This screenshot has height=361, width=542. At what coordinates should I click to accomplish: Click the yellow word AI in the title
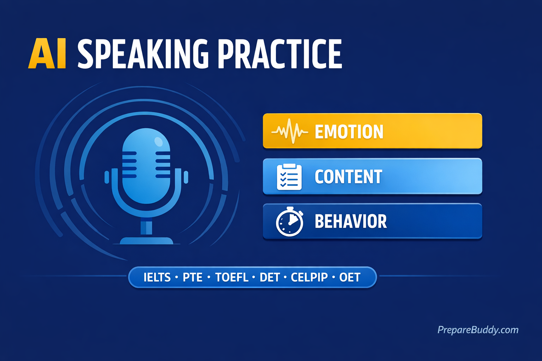47,54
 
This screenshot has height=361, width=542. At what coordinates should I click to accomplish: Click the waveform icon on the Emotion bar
289,131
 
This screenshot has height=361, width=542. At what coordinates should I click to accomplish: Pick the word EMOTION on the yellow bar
349,132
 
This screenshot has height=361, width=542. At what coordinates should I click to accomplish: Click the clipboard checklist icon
289,177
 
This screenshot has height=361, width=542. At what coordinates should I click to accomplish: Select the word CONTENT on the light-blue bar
348,177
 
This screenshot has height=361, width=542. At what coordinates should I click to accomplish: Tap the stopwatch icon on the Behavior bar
289,222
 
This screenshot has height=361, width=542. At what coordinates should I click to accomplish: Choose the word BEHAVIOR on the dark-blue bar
350,221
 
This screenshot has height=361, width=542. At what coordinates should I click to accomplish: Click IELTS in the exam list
157,277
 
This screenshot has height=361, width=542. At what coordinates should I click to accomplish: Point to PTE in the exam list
192,277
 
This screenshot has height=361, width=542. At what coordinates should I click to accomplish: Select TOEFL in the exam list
232,277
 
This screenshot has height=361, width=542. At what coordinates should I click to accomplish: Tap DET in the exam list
270,277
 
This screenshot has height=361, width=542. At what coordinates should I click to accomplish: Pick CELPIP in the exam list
309,277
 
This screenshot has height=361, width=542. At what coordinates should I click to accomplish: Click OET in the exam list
350,277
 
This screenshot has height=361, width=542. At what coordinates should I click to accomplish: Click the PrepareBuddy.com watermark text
478,330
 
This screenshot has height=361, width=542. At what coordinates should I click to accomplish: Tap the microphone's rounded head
146,166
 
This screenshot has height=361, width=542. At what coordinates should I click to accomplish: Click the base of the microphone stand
146,241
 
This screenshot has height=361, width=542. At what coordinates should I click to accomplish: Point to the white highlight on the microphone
159,142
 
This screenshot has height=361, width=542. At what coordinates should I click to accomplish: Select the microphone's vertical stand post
146,227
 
